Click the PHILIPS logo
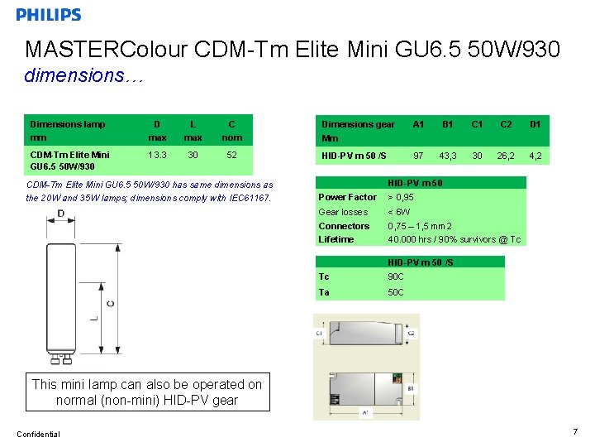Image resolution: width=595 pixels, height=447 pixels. (x=49, y=15)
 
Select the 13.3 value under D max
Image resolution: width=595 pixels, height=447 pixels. (x=156, y=154)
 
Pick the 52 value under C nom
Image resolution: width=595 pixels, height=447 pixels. (x=231, y=154)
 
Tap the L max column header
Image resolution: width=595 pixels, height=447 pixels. (x=193, y=131)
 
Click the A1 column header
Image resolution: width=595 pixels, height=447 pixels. (x=418, y=124)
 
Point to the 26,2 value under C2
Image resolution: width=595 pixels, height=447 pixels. (x=506, y=155)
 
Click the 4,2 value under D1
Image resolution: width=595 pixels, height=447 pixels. (x=535, y=155)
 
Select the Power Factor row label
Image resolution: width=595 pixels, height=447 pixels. (x=347, y=197)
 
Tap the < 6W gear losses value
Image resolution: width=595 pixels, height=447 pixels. (x=401, y=212)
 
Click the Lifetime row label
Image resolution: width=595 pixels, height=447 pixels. (x=336, y=239)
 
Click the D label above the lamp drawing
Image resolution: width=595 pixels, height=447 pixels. (x=61, y=214)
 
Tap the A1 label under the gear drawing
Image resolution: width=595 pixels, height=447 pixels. (x=364, y=412)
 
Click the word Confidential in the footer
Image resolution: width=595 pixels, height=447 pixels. (x=37, y=434)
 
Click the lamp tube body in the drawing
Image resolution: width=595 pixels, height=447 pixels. (x=61, y=290)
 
